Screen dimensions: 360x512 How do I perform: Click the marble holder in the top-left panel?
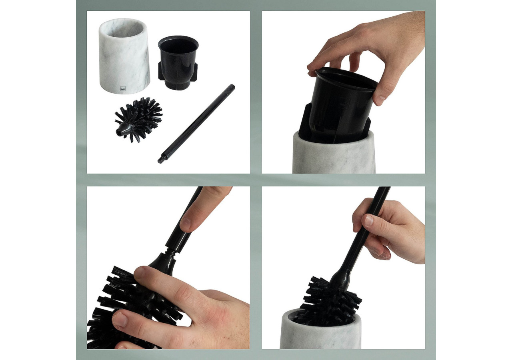click(124, 60)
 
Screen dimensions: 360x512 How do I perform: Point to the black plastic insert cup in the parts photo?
click(178, 60)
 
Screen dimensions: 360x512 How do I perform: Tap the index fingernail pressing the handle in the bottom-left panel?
click(185, 224)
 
